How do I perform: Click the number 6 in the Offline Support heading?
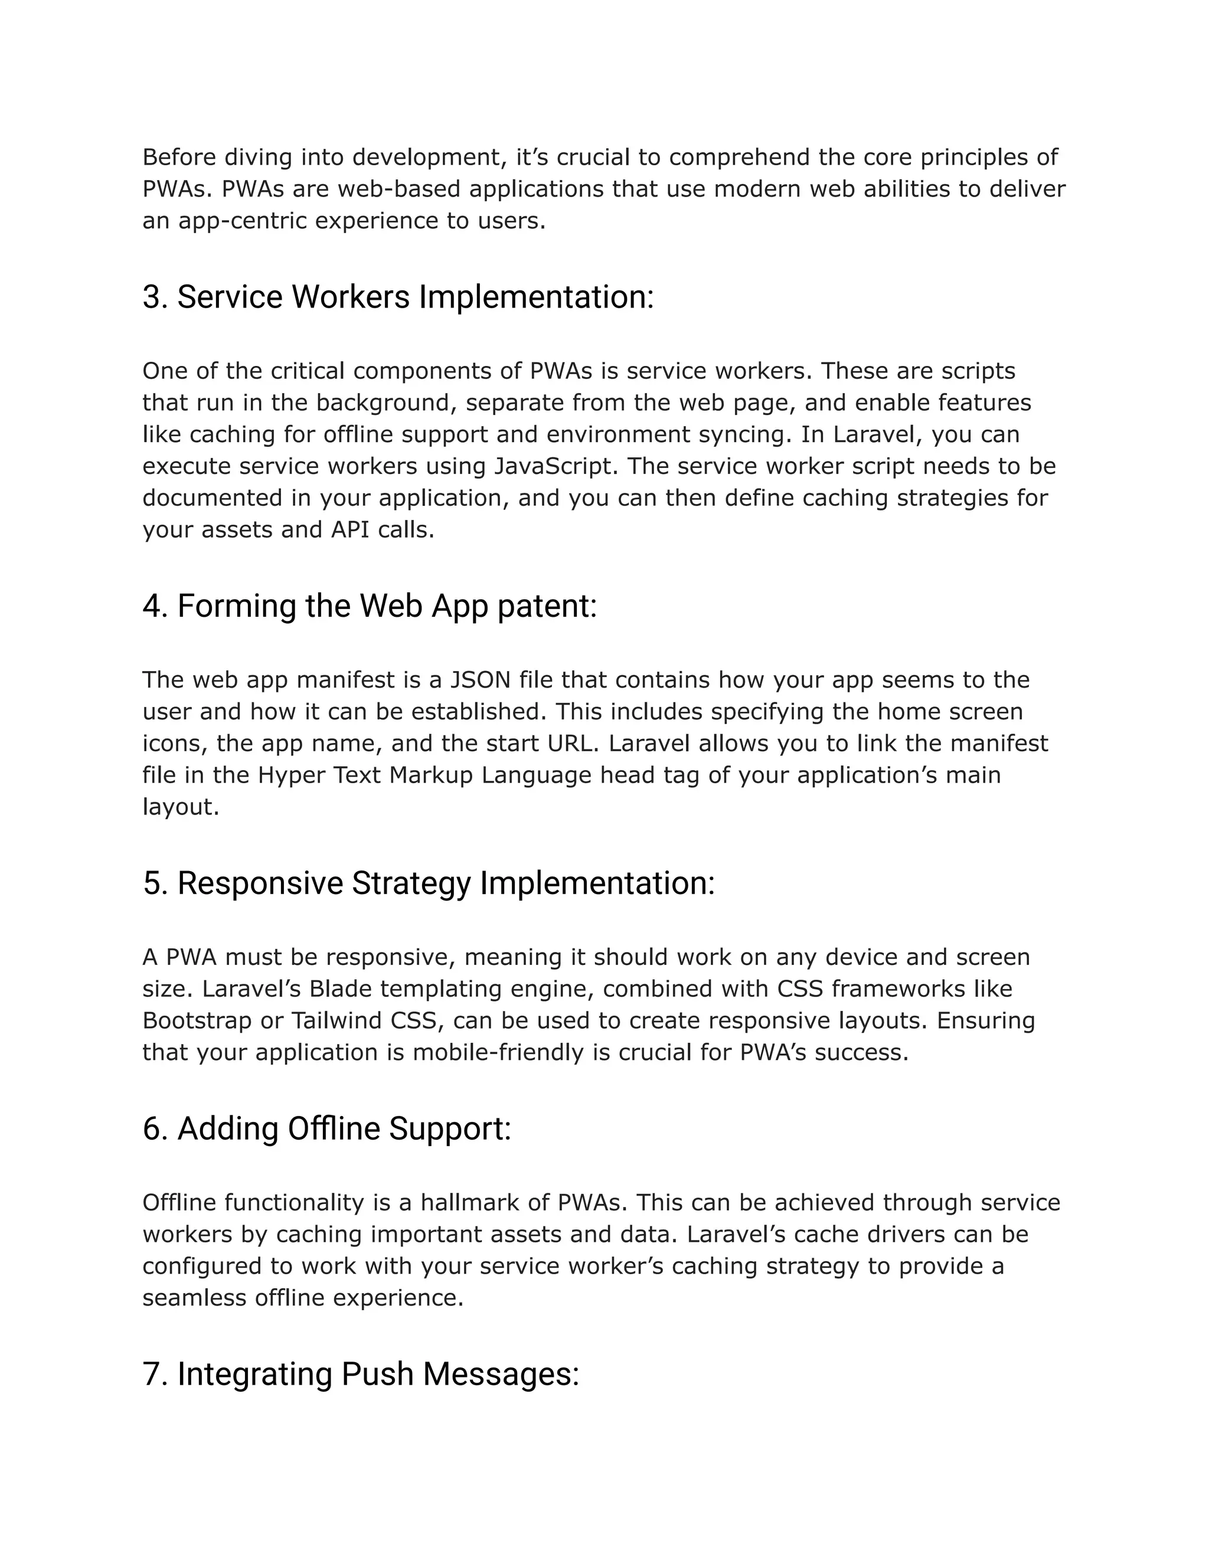[151, 1129]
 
